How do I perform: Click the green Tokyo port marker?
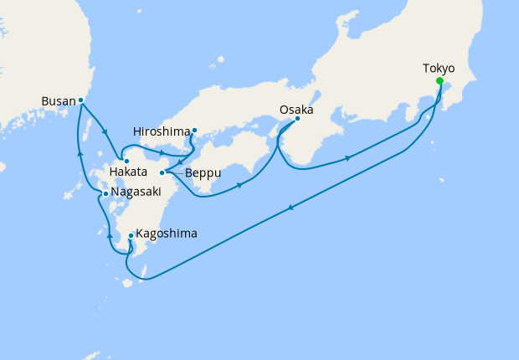[x=439, y=81]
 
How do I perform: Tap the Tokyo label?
[x=439, y=68]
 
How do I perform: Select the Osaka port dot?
[x=297, y=120]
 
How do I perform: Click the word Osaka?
[x=296, y=109]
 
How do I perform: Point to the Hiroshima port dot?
[x=194, y=130]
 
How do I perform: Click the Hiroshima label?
[x=161, y=131]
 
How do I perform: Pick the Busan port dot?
[x=81, y=100]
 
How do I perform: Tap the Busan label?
[x=57, y=101]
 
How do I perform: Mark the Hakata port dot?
[x=126, y=161]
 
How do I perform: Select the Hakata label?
[x=129, y=172]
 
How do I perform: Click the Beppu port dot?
[x=162, y=172]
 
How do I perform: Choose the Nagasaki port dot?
[x=104, y=194]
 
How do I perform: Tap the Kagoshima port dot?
[x=131, y=236]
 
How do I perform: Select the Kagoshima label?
[x=167, y=234]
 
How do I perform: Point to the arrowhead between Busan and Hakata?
[x=105, y=130]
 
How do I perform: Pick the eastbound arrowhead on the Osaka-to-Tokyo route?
[x=347, y=158]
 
